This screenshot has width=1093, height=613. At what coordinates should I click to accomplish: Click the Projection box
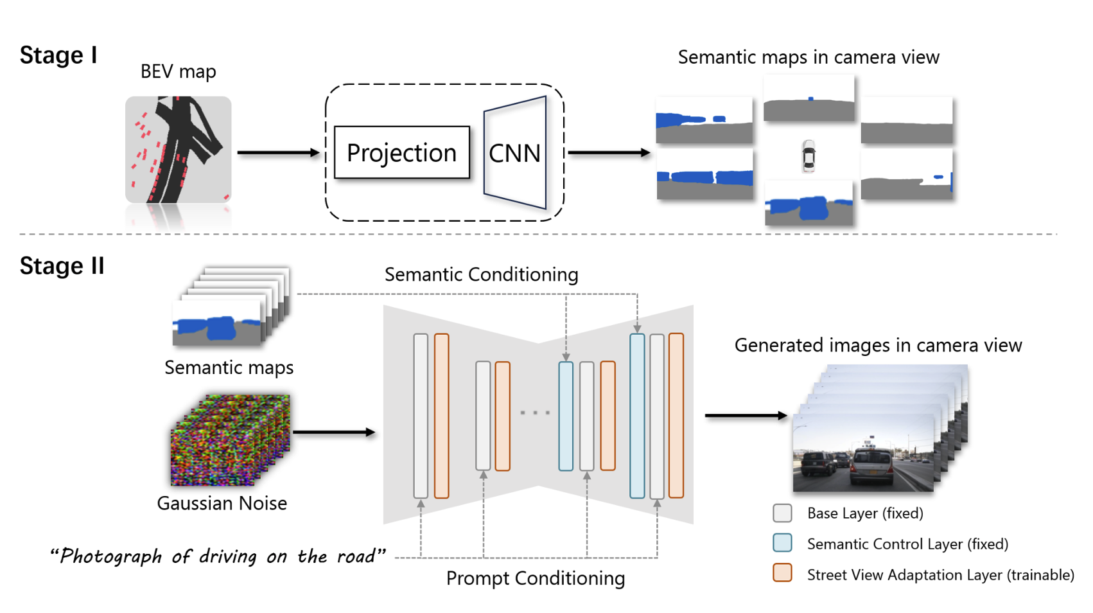click(401, 153)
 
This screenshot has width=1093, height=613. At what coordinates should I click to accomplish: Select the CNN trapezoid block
click(515, 153)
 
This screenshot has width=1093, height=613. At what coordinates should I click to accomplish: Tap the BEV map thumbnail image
click(179, 150)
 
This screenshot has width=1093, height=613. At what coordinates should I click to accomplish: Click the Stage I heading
click(58, 55)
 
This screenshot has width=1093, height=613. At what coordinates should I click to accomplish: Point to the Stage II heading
click(62, 266)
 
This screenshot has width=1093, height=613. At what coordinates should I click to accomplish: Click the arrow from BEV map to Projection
click(278, 153)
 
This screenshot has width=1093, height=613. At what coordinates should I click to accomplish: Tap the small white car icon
click(809, 156)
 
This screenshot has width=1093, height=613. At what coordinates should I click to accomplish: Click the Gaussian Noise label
click(222, 503)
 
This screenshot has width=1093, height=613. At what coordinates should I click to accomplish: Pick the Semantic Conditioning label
click(481, 275)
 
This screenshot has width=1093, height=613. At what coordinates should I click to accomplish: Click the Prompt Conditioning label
click(535, 578)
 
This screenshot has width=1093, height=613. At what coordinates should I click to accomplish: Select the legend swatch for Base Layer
click(782, 513)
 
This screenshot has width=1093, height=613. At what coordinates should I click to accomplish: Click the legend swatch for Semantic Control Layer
click(782, 543)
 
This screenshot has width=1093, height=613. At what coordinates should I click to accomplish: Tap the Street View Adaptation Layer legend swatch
click(782, 573)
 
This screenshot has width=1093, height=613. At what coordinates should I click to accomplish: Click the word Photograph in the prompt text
click(110, 556)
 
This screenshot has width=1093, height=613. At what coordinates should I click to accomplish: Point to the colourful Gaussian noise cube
click(229, 441)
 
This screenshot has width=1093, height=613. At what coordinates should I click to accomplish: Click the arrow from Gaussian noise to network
click(333, 432)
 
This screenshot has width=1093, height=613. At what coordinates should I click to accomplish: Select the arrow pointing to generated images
click(746, 416)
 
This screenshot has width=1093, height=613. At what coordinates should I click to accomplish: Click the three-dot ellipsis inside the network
click(535, 413)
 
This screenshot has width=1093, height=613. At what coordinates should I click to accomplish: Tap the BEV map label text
click(178, 71)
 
